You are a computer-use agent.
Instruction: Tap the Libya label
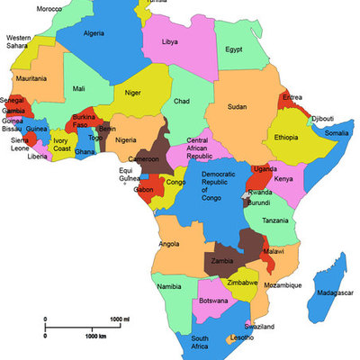[x=169, y=41]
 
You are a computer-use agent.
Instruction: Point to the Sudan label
[x=238, y=106]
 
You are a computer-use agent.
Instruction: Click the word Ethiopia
[x=284, y=137]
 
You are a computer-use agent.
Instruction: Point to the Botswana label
[x=213, y=300]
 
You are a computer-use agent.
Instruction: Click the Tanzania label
[x=275, y=220]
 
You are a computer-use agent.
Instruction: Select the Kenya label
[x=283, y=179]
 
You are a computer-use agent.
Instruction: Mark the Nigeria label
[x=126, y=139]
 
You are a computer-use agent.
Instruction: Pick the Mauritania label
[x=31, y=78]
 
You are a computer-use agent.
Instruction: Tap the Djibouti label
[x=322, y=119]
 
